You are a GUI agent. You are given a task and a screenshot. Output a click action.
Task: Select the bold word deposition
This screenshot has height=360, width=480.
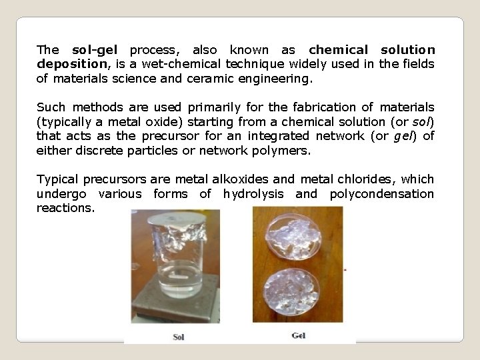(69, 64)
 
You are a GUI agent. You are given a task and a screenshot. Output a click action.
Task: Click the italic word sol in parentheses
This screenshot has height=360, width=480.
(421, 122)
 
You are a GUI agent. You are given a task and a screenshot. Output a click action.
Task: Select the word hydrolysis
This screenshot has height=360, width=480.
(254, 194)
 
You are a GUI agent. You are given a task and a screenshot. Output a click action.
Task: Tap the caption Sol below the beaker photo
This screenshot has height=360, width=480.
(178, 336)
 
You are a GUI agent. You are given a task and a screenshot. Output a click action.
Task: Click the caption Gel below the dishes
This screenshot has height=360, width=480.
(299, 335)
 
